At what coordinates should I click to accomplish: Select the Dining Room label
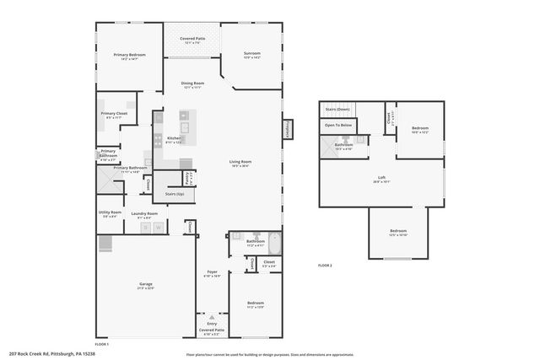[192, 84]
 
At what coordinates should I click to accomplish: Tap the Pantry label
[192, 177]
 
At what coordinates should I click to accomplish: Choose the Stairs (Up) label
[175, 194]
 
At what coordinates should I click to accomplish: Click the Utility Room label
[111, 213]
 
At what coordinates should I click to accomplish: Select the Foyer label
[213, 273]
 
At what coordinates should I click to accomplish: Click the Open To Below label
[337, 126]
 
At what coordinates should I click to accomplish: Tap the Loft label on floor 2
[381, 178]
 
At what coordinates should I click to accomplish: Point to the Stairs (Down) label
[337, 110]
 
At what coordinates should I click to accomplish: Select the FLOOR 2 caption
[325, 266]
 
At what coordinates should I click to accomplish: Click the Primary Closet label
[114, 115]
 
